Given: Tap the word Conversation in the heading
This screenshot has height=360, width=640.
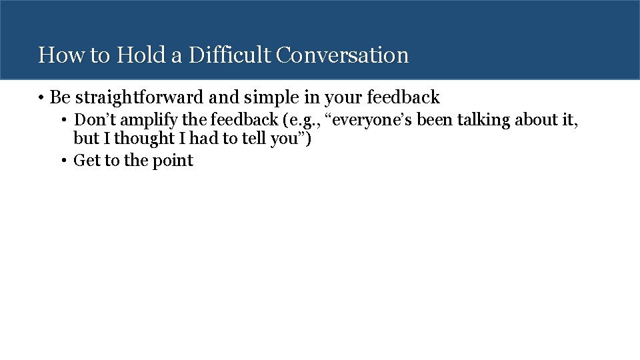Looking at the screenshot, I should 342,55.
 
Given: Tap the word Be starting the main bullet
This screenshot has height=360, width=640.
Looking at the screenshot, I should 60,98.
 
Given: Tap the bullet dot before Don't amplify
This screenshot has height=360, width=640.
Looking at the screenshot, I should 64,121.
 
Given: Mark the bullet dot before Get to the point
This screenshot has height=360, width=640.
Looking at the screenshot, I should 64,161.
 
